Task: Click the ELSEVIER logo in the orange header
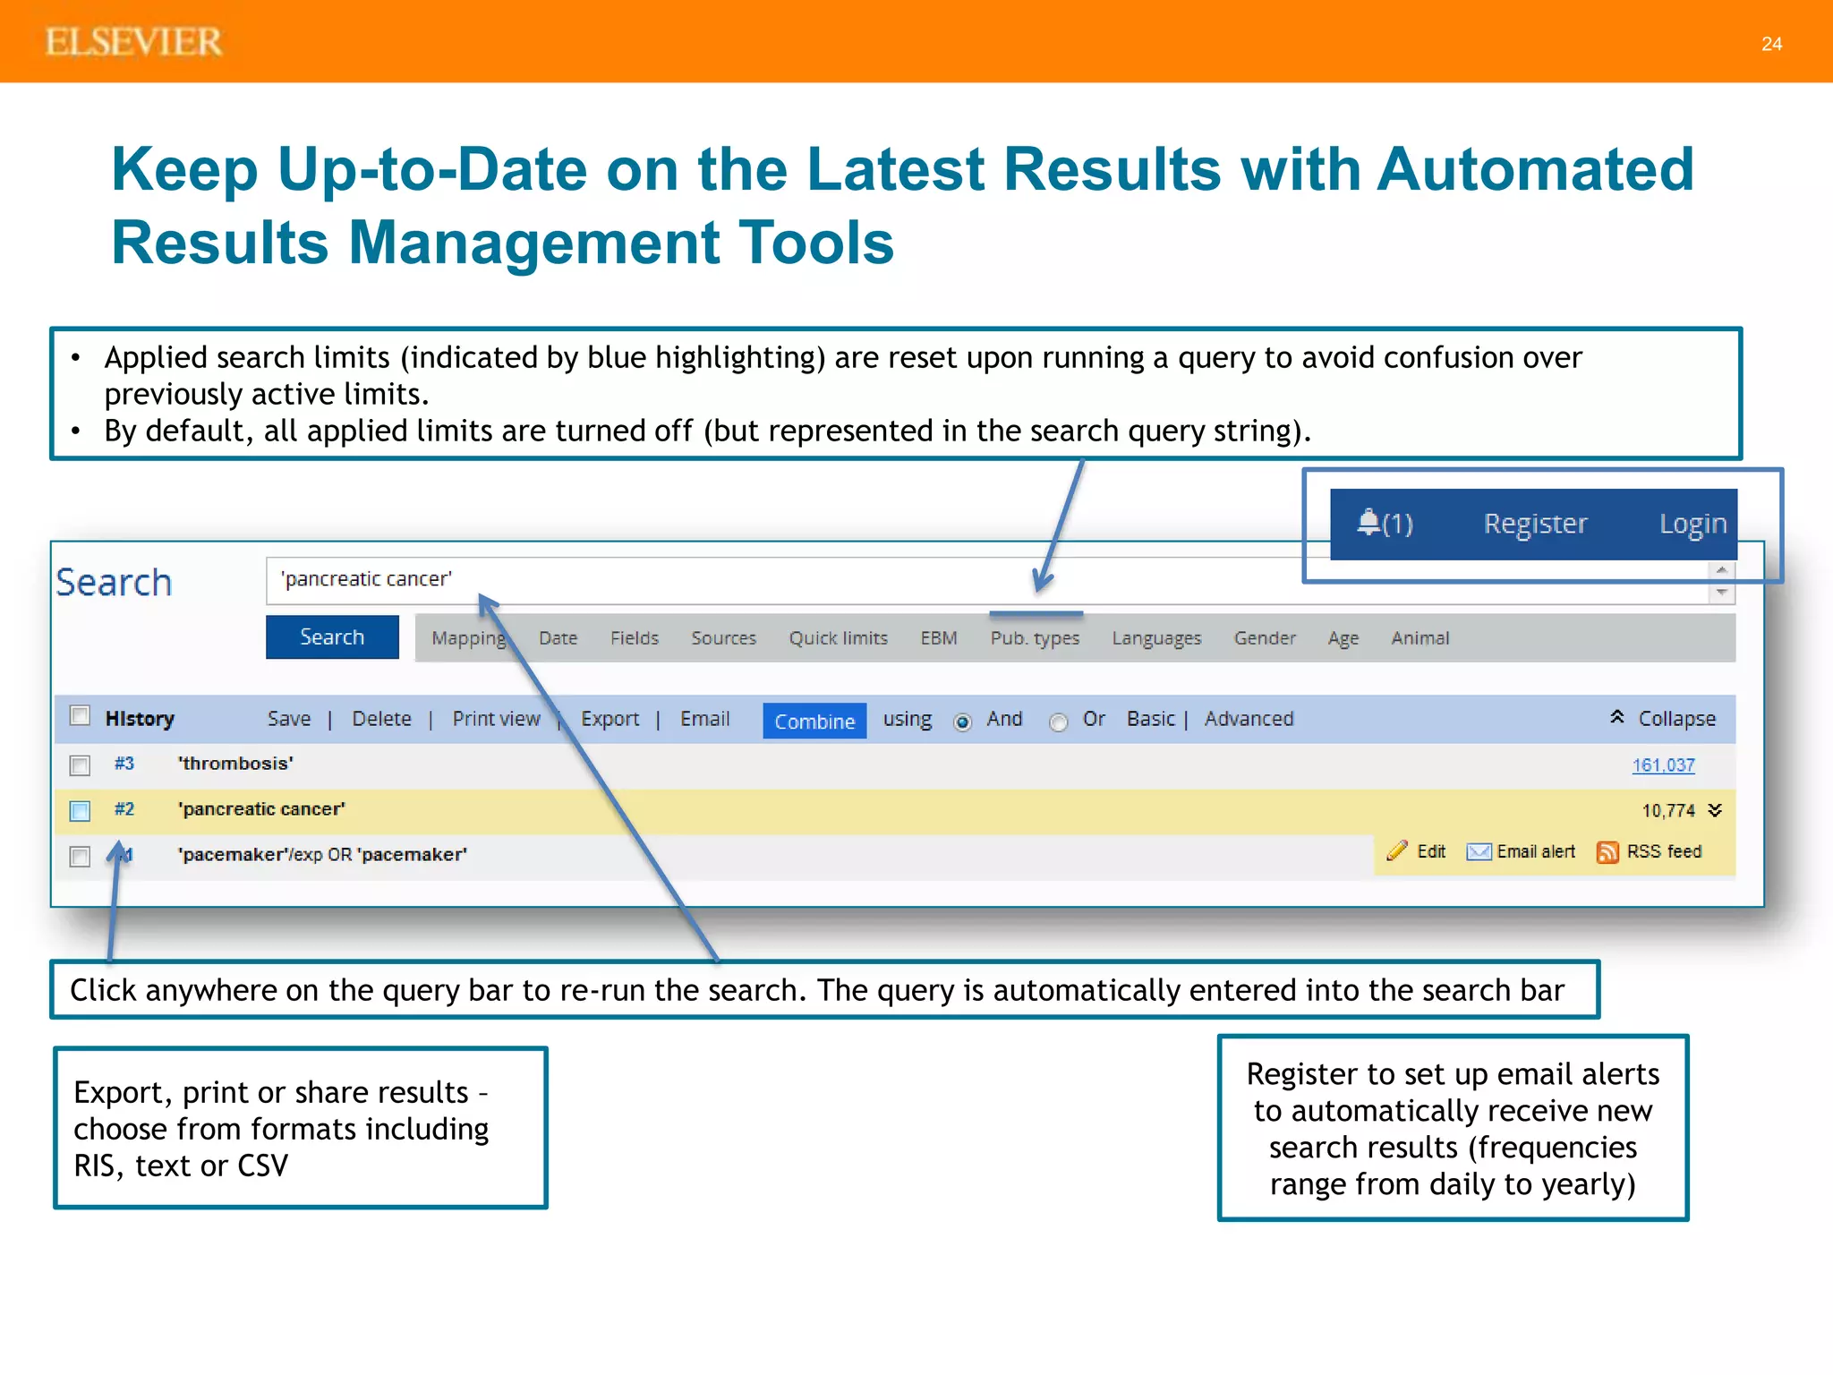click(134, 42)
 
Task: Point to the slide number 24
click(1771, 44)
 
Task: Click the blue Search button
click(332, 636)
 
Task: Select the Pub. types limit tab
click(1035, 638)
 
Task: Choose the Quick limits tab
click(838, 638)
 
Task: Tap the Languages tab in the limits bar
click(1156, 638)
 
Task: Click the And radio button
click(963, 722)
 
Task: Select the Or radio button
click(1059, 722)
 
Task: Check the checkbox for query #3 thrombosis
click(80, 765)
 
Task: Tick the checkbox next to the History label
click(80, 716)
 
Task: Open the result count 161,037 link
click(1663, 765)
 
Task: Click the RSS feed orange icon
click(1607, 852)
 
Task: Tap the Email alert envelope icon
click(1479, 852)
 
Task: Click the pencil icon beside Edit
click(1397, 851)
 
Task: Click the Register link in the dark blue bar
click(1535, 524)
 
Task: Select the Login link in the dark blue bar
click(1692, 524)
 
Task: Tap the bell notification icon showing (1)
click(1368, 522)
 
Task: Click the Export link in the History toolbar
click(610, 719)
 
